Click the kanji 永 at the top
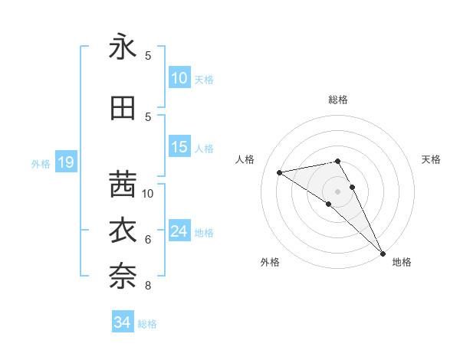[123, 47]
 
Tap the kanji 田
[123, 108]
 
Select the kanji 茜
[123, 185]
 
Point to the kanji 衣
[123, 230]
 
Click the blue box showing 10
[179, 78]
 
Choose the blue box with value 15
[179, 147]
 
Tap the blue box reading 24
[179, 231]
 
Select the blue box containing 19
[65, 162]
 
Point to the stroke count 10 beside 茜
[148, 193]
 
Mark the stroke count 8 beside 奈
[147, 286]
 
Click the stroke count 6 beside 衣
[147, 240]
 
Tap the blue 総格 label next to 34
[147, 324]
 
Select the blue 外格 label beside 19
[41, 163]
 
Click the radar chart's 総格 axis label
[338, 100]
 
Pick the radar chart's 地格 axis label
[402, 262]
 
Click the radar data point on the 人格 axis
[279, 172]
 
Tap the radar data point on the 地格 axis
[383, 254]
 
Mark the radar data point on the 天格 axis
[353, 187]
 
